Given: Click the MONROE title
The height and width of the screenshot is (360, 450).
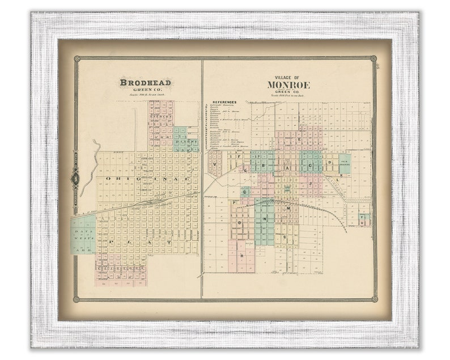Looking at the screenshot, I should [288, 85].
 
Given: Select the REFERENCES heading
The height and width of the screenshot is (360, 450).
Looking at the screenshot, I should [224, 103].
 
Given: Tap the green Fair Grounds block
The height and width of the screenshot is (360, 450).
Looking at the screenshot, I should [345, 163].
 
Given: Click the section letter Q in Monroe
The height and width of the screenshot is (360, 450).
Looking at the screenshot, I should [245, 192].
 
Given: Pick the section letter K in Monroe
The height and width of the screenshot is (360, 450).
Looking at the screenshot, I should [342, 175].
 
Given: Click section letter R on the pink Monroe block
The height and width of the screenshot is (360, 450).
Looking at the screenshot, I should [242, 255].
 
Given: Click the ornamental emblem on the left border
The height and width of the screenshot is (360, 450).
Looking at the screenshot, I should [75, 178].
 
